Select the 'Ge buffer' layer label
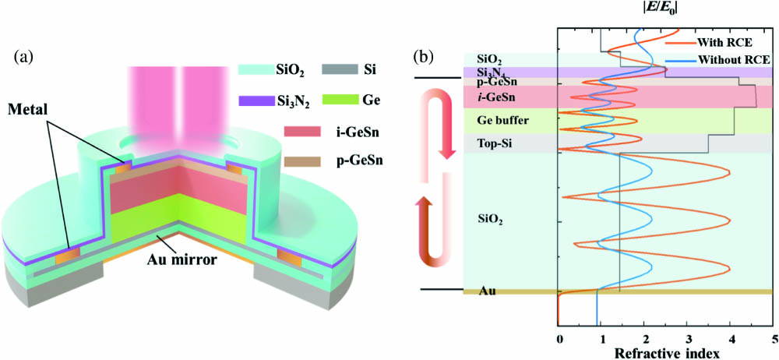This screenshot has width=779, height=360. [x=502, y=121]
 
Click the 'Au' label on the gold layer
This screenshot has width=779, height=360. [x=488, y=291]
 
